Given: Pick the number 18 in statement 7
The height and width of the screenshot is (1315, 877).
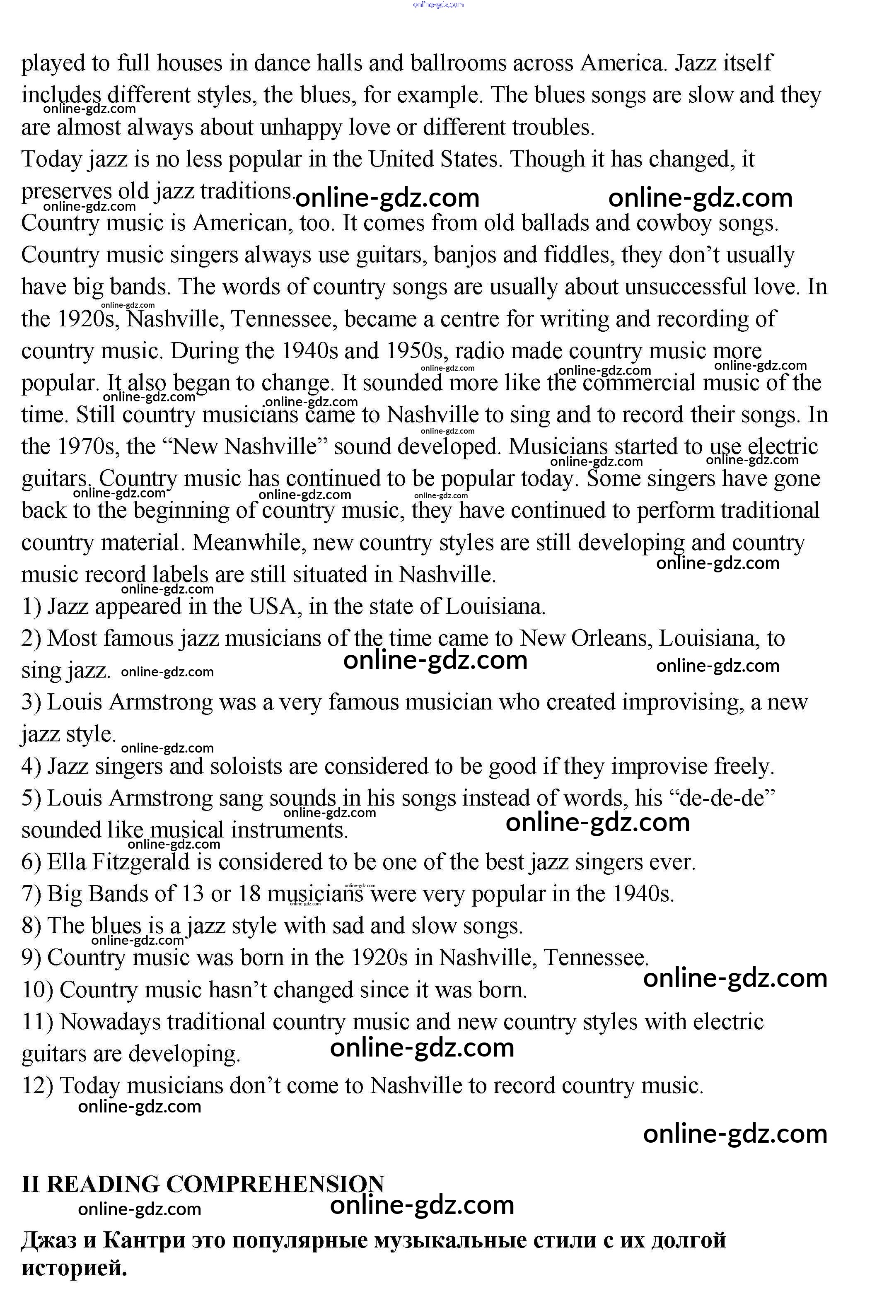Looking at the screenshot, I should click(x=249, y=894).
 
